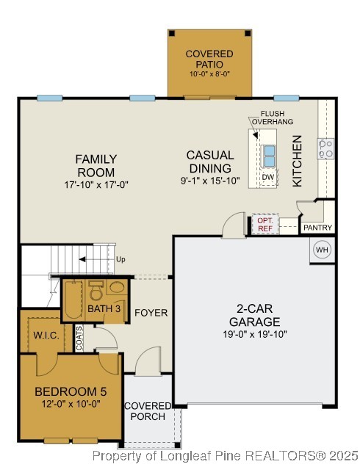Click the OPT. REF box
click(x=264, y=224)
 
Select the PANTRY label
click(x=318, y=228)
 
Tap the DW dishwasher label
click(x=268, y=177)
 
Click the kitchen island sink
click(x=269, y=156)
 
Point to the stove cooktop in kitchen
click(x=325, y=149)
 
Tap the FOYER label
click(x=151, y=313)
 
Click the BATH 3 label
click(x=104, y=309)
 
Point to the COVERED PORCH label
click(x=147, y=412)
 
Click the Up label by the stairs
click(x=121, y=259)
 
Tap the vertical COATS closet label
click(x=79, y=337)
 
